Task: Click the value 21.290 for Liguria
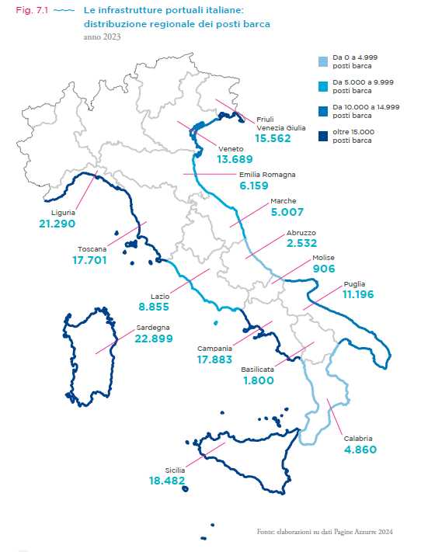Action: (57, 224)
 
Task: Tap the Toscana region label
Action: (92, 249)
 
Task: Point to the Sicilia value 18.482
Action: (166, 481)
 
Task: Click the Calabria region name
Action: (360, 438)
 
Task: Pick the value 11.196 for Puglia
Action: (360, 295)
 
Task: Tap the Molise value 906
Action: (323, 269)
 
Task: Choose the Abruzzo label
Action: (301, 232)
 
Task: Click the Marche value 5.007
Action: (287, 211)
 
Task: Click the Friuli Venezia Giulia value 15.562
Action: (272, 137)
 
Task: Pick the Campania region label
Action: (213, 349)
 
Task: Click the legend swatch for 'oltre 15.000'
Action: (322, 137)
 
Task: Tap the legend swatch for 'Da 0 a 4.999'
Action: (322, 60)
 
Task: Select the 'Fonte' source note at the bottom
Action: (324, 532)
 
